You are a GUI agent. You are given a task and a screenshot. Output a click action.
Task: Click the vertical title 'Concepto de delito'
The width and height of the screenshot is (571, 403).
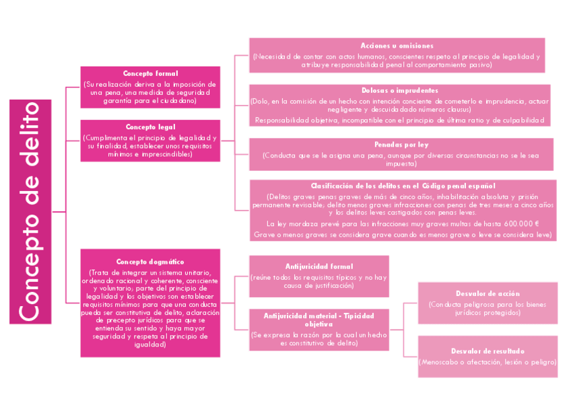[x=30, y=212]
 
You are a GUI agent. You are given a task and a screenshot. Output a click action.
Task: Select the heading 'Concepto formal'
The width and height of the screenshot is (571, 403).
[x=150, y=73]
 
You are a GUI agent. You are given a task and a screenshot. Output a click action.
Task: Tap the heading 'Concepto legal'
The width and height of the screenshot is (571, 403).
[x=150, y=126]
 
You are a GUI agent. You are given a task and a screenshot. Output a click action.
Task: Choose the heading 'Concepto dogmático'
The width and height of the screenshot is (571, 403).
[x=150, y=262]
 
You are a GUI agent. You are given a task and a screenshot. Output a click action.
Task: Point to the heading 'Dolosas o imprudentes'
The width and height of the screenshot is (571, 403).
[x=400, y=90]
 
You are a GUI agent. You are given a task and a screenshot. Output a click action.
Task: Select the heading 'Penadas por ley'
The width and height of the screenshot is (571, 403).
[x=401, y=145]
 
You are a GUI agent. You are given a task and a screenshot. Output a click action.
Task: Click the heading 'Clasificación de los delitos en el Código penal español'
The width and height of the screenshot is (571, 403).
[x=403, y=186]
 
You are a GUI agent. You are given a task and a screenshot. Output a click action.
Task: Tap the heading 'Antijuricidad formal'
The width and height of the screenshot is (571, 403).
[x=318, y=266]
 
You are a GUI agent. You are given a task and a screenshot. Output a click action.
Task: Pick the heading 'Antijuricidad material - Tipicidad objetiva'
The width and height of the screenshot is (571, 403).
[x=318, y=320]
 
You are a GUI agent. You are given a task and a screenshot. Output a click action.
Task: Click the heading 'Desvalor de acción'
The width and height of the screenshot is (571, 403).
[x=488, y=294]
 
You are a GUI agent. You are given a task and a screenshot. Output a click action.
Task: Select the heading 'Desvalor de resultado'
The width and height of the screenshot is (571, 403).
[x=488, y=351]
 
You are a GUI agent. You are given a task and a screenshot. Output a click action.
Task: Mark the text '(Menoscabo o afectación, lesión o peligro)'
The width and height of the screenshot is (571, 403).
[x=488, y=362]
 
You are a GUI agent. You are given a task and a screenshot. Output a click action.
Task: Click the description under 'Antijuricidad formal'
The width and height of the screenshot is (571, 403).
[x=318, y=281]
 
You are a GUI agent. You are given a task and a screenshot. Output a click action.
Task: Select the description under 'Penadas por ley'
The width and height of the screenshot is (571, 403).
[x=401, y=159]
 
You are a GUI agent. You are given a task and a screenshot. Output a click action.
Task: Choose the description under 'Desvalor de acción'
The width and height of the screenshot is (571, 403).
[x=488, y=309]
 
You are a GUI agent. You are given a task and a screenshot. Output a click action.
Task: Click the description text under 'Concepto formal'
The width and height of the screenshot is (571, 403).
[x=150, y=92]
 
